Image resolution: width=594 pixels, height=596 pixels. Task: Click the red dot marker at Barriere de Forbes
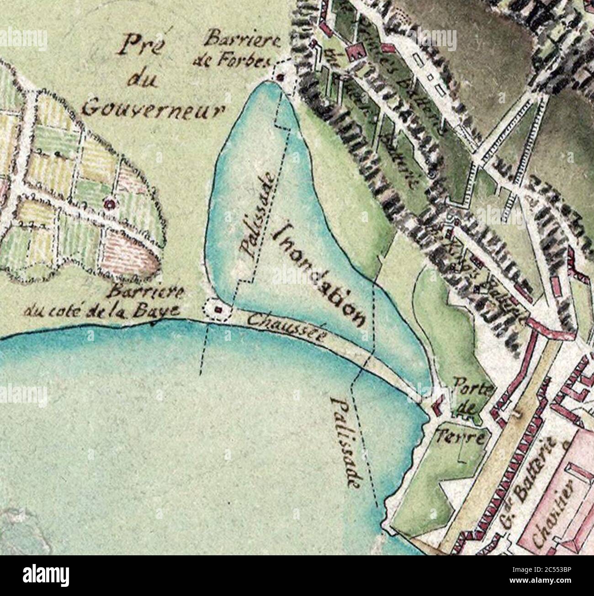281,78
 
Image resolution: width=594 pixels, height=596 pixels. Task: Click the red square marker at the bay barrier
218,310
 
